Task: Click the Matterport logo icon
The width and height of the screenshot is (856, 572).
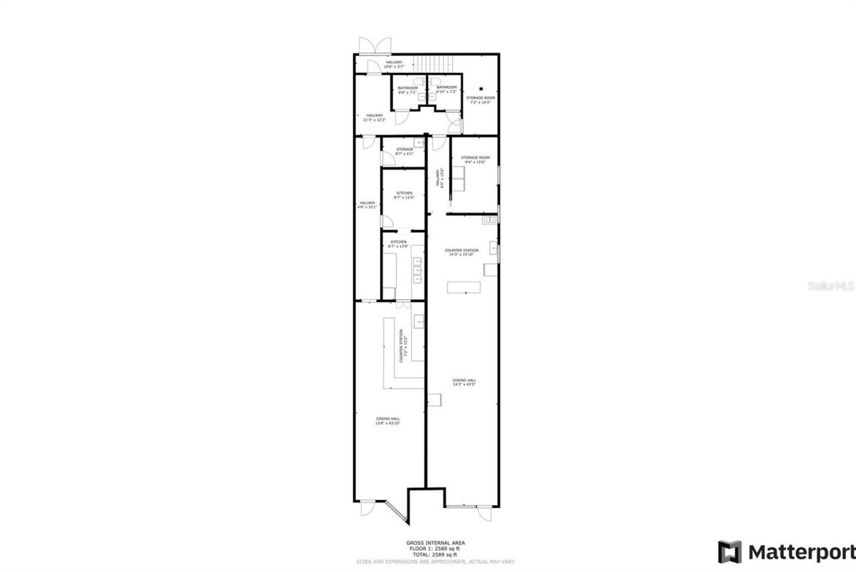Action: click(x=730, y=552)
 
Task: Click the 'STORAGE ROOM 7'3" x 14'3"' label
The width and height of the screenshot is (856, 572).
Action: click(x=481, y=100)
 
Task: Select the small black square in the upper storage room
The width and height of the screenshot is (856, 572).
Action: click(x=481, y=89)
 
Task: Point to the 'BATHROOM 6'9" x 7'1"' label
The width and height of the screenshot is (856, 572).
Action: click(x=407, y=90)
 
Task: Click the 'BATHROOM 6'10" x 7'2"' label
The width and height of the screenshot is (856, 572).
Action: click(x=446, y=89)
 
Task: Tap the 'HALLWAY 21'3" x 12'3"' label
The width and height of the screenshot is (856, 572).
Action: click(x=374, y=118)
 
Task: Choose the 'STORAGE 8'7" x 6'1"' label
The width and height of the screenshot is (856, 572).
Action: click(x=404, y=152)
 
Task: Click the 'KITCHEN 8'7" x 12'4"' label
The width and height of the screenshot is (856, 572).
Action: click(x=404, y=195)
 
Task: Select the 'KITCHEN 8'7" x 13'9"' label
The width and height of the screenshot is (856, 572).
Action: click(x=399, y=244)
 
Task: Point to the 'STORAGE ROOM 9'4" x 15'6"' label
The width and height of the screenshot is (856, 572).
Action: click(x=475, y=160)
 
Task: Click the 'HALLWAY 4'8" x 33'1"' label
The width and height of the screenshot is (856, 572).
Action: click(x=368, y=204)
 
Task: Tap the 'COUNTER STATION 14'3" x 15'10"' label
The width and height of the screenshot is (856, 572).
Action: click(x=461, y=252)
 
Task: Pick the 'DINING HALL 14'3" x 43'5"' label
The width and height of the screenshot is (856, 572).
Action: click(x=463, y=382)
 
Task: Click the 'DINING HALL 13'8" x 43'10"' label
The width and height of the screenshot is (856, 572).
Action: click(x=387, y=421)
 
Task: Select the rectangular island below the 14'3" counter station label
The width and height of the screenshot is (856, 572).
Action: click(x=465, y=287)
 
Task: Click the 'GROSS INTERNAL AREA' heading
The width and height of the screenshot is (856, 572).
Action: click(x=435, y=543)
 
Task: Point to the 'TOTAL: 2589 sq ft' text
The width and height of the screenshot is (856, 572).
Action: click(x=435, y=555)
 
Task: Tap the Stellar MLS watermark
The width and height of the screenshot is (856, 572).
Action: click(x=831, y=285)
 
